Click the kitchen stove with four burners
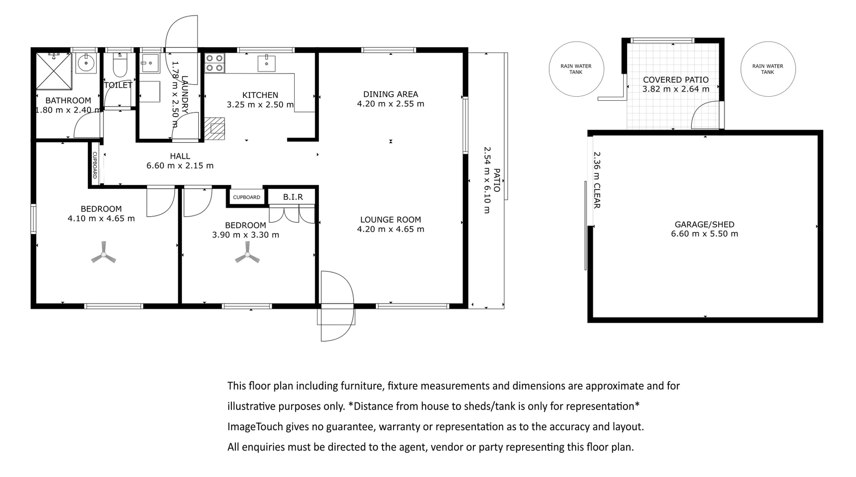coord(214,63)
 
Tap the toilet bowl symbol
coord(120,66)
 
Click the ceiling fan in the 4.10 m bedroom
coord(103,255)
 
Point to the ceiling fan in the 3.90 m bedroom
coord(247,255)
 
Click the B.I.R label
coord(293,197)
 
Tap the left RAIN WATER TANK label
coord(576,69)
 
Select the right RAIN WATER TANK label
coord(768,69)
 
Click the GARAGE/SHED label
coord(704,225)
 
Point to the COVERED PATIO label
coord(675,80)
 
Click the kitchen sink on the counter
coord(266,63)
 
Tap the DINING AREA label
coord(391,94)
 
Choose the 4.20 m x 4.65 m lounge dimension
coord(391,230)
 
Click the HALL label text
coord(180,156)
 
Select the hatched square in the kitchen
coord(215,128)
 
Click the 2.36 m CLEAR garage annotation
coord(597,180)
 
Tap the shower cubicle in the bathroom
coord(53,71)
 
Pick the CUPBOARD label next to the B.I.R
coord(247,197)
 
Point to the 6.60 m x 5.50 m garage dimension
coord(704,234)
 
